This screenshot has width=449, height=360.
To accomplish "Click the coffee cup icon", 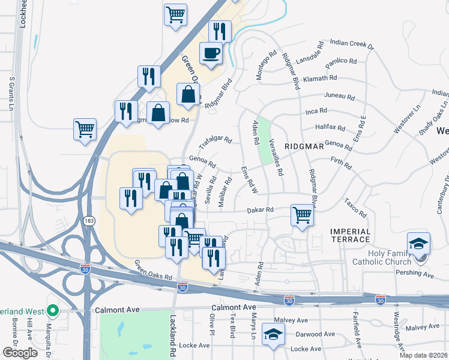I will pos(211,53).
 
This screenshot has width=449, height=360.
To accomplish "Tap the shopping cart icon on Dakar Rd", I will pos(302,215).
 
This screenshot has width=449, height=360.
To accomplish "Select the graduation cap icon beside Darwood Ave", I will pos(274,337).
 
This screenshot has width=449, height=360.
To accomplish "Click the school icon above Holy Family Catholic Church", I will pos(418,243).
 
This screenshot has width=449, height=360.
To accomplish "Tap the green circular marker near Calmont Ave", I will pos(52,311).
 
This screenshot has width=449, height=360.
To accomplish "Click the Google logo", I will pos(20,353).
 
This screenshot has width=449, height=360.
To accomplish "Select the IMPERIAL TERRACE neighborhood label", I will pos(351,235).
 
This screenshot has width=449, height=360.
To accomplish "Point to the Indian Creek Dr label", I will pos(352,44).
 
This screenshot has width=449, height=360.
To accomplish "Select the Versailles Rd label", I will pos(276,157).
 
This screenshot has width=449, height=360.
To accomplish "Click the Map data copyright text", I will pos(424,355).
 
